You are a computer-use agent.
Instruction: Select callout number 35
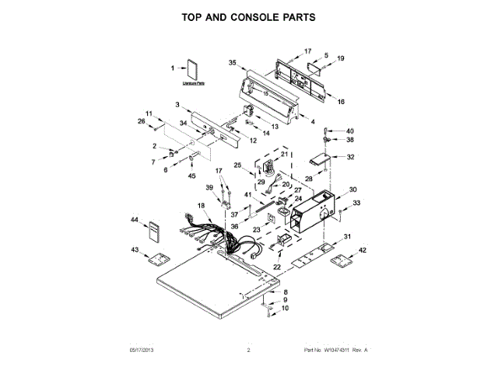pos(232,62)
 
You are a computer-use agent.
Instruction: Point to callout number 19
pos(340,58)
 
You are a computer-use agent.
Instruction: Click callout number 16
pos(341,102)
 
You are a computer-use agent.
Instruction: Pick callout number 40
pos(349,131)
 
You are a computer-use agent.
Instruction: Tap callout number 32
pos(350,157)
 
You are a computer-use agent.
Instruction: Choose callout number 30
pos(352,190)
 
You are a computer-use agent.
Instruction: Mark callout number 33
pos(356,203)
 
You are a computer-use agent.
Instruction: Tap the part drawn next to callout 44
pos(156,232)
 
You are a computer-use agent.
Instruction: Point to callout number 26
pos(142,121)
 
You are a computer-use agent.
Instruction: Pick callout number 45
pos(191,176)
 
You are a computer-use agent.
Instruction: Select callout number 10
pos(284,309)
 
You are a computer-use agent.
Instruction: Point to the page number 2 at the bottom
pos(248,350)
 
